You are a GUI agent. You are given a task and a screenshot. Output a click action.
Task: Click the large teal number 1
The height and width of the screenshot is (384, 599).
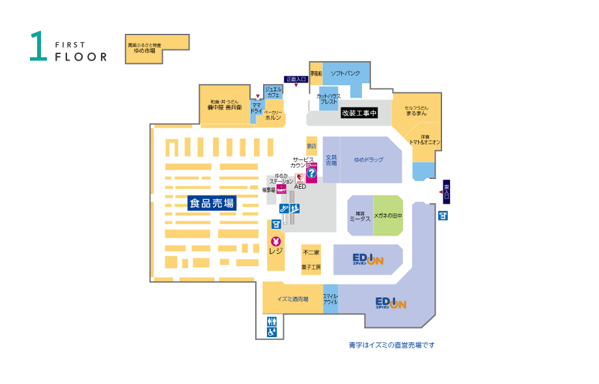point(38,47)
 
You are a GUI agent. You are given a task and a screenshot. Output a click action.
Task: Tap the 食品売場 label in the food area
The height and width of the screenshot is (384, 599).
point(212,203)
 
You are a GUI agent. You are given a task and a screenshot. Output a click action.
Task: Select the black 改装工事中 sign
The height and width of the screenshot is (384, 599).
point(359,113)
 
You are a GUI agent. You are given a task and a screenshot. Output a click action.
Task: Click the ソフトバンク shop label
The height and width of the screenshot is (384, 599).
point(345,74)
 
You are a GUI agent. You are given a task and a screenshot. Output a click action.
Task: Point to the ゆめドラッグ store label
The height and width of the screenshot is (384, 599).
point(369,159)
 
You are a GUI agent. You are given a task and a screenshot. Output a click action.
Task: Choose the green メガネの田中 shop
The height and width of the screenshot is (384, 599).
point(388,215)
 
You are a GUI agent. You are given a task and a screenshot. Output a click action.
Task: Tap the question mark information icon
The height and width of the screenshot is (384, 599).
point(311,174)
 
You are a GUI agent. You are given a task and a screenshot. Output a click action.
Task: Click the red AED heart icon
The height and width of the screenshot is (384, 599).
point(300,176)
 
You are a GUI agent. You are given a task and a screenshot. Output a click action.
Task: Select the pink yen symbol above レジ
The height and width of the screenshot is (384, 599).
point(275,241)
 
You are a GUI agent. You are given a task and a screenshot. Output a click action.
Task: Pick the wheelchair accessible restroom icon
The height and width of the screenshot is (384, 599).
point(272,332)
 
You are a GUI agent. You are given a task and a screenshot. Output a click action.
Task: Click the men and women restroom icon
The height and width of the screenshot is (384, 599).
point(272,320)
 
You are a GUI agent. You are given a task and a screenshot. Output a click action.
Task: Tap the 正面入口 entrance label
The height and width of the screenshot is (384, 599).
point(296,79)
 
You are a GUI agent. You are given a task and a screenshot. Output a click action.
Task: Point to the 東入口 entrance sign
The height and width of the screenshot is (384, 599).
point(446,191)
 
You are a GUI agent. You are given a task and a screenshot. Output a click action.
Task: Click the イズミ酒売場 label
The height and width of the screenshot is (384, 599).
point(292,299)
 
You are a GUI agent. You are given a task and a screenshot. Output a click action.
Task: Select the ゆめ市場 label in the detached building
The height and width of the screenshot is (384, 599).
point(144,48)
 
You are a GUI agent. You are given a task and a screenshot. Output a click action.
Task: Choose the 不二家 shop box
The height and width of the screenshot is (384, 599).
point(311,252)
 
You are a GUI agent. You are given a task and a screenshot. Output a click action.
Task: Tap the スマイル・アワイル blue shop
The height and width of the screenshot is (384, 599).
point(330,299)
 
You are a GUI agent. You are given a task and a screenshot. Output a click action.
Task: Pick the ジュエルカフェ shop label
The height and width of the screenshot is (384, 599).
point(273,92)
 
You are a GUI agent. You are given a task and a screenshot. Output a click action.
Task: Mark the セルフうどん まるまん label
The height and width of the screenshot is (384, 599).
point(416,110)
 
